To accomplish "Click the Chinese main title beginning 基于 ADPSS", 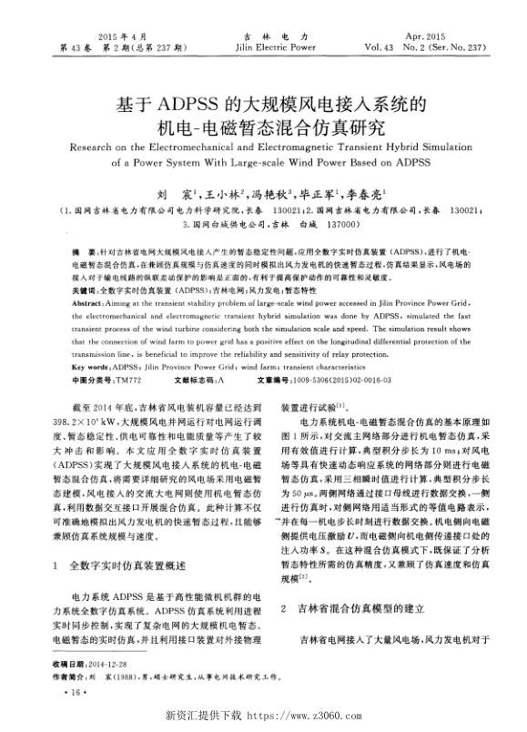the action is (264, 101).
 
